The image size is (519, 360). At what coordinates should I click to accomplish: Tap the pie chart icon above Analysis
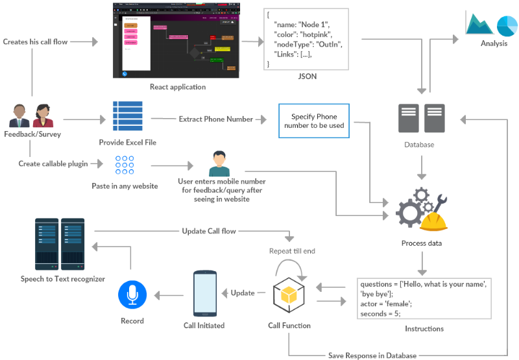(x=507, y=25)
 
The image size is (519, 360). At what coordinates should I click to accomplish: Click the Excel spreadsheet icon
(x=127, y=116)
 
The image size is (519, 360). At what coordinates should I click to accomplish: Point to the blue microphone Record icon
(x=132, y=296)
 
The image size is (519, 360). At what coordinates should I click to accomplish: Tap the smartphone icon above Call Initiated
(x=204, y=293)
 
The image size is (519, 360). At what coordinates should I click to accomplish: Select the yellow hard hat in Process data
(x=433, y=221)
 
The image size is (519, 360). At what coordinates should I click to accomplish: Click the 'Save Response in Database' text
(x=372, y=355)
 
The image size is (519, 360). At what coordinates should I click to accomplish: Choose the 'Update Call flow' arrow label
(x=209, y=231)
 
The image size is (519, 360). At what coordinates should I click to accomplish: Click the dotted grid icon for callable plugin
(x=125, y=165)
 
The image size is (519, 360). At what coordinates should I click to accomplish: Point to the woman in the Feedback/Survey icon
(x=42, y=117)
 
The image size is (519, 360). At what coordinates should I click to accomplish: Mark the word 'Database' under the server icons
(x=418, y=144)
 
